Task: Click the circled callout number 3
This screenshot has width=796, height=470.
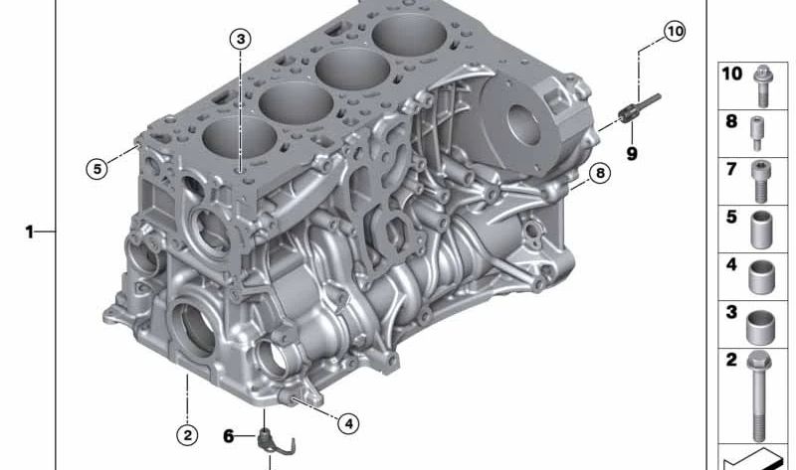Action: tap(240, 39)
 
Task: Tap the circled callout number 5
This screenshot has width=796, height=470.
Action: tap(97, 168)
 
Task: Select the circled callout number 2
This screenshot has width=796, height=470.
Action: tap(187, 434)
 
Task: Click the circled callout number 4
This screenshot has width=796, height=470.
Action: tap(348, 423)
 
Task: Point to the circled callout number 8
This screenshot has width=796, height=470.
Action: tap(600, 174)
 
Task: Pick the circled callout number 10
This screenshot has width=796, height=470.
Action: tap(676, 32)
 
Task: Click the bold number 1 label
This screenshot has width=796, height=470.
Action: tap(30, 233)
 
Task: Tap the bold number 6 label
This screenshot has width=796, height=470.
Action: tap(229, 436)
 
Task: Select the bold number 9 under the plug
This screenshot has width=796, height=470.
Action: tap(632, 153)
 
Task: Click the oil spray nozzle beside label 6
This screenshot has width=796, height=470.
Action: tap(275, 442)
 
